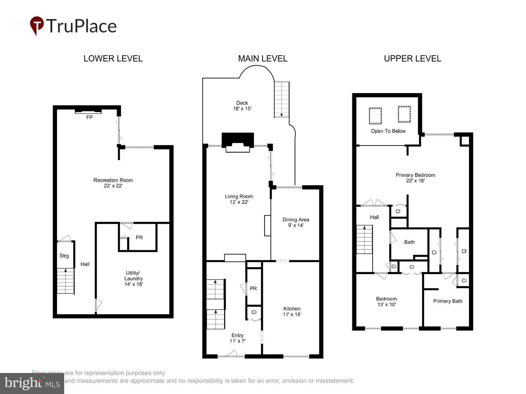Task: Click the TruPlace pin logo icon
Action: pyautogui.click(x=37, y=25)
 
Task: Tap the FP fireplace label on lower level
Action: pyautogui.click(x=89, y=117)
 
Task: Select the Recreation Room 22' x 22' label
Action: pyautogui.click(x=113, y=183)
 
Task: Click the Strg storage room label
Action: pyautogui.click(x=64, y=256)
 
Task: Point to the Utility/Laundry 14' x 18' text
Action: pyautogui.click(x=133, y=278)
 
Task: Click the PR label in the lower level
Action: pyautogui.click(x=139, y=237)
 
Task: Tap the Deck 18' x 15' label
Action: pyautogui.click(x=242, y=106)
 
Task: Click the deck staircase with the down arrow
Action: pyautogui.click(x=282, y=99)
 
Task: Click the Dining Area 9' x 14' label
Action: pyautogui.click(x=296, y=222)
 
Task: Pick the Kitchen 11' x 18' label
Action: pyautogui.click(x=292, y=311)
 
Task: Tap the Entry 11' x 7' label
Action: pyautogui.click(x=237, y=338)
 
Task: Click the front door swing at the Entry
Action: pyautogui.click(x=231, y=353)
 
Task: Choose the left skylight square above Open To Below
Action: pyautogui.click(x=375, y=116)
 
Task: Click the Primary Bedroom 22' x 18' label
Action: pyautogui.click(x=415, y=178)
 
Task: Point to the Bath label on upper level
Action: pyautogui.click(x=409, y=242)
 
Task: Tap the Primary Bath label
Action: pyautogui.click(x=448, y=301)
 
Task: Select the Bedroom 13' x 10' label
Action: pyautogui.click(x=386, y=302)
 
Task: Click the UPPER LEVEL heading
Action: pyautogui.click(x=412, y=58)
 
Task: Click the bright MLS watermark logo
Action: pyautogui.click(x=32, y=383)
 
